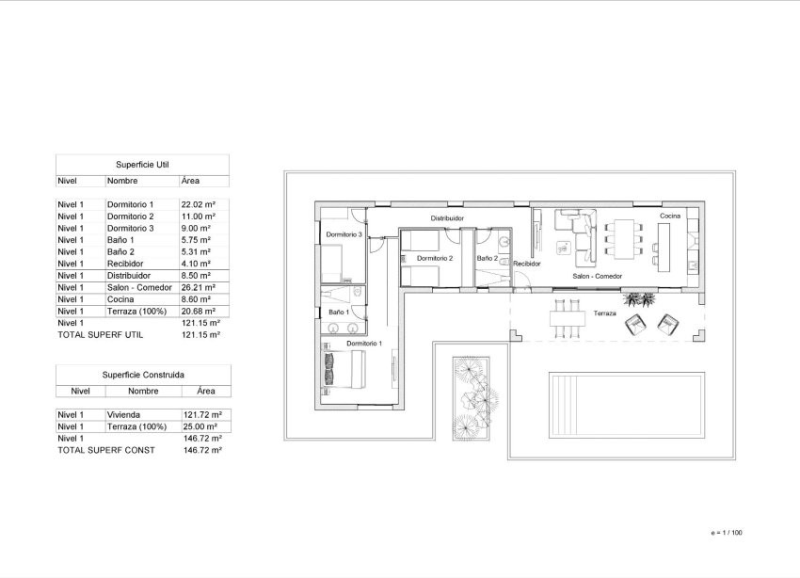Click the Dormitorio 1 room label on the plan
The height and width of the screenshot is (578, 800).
363,344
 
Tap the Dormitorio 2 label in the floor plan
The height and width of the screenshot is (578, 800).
435,258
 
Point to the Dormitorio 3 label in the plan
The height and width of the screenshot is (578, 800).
344,233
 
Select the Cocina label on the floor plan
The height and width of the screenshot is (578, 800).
669,217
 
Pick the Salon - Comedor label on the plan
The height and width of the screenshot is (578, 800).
598,276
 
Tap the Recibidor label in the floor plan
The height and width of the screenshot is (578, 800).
526,265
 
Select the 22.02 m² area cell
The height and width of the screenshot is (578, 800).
199,204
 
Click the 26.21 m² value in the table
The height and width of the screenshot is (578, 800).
199,287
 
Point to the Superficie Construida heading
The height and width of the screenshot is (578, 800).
142,374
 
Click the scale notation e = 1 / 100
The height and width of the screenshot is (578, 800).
728,533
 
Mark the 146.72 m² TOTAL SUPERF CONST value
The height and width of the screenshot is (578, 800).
201,450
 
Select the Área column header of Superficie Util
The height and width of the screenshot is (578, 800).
190,181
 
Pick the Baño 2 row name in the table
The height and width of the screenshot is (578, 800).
121,251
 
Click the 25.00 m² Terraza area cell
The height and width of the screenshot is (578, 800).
201,426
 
